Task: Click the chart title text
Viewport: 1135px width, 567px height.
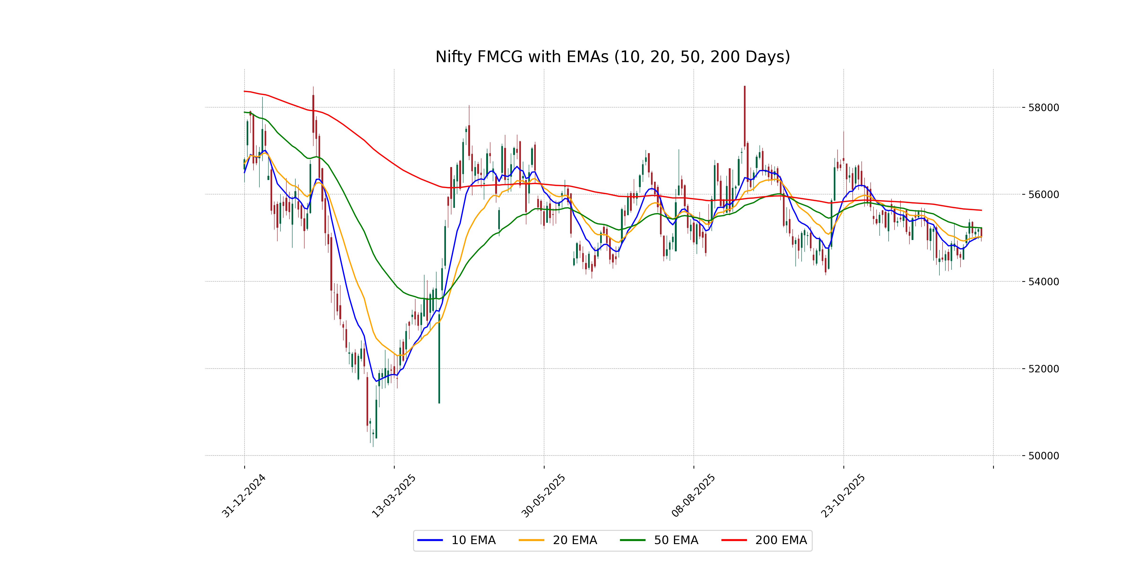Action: tap(612, 57)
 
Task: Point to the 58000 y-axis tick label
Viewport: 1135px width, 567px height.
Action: tap(1043, 107)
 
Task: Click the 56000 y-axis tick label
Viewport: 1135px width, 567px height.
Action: tap(1043, 195)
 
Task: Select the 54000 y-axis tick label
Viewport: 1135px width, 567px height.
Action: tap(1043, 282)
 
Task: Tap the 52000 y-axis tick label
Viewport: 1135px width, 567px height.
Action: tap(1043, 369)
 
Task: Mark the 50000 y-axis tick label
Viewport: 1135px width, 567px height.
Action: tap(1043, 456)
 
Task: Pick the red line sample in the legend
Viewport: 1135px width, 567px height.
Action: tap(734, 540)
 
